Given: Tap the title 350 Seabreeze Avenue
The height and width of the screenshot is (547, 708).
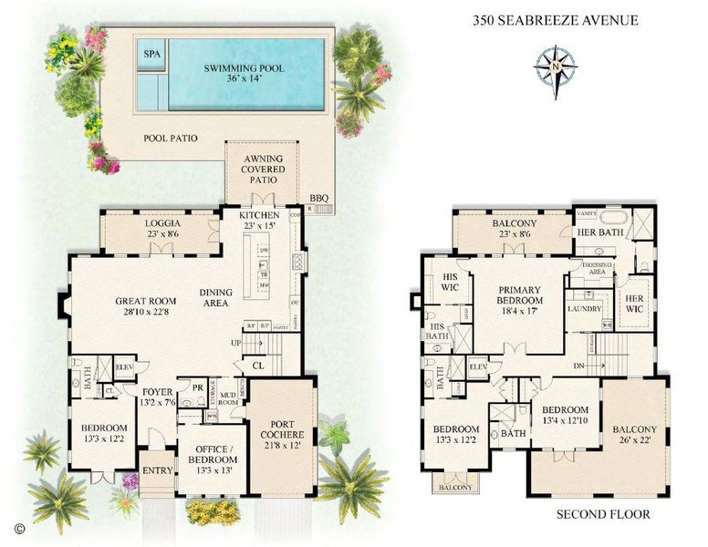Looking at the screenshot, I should point(555,19).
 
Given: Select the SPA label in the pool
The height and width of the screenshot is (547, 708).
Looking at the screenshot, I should point(151,55).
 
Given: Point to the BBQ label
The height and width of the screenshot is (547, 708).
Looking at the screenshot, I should point(318,198).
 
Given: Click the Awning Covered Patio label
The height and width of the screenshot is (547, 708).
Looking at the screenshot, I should point(262,169).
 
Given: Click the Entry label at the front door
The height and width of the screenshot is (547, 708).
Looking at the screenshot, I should point(156,472).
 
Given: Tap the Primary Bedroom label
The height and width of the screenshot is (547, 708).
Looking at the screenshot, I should point(520,301).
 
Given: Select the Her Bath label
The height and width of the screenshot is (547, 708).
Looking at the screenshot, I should point(599,232).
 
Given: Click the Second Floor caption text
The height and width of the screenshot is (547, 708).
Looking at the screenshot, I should point(603,514).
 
